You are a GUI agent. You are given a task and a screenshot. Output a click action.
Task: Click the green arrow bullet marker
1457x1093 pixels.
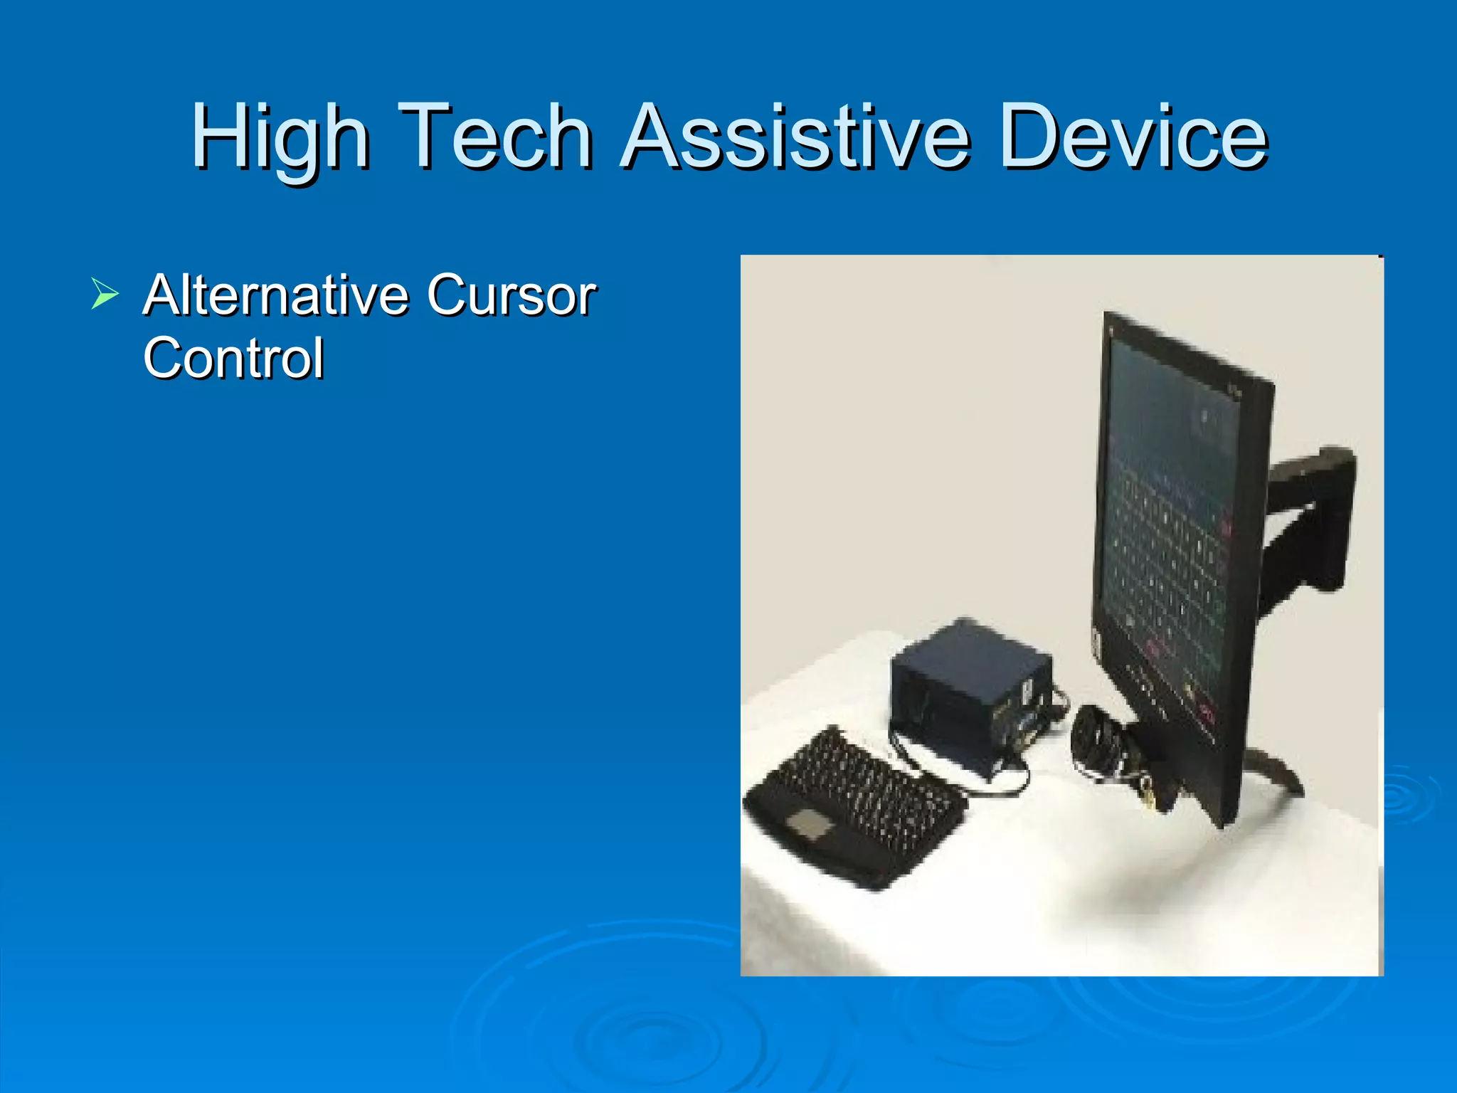point(105,294)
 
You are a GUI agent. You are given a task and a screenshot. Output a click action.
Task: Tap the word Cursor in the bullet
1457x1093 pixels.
point(511,295)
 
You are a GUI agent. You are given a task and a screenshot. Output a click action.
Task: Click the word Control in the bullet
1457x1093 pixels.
point(233,358)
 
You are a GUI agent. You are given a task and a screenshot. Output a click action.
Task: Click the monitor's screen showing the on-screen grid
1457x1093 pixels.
point(1167,541)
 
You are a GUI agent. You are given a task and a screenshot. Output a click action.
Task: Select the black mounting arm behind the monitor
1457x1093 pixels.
point(1309,519)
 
